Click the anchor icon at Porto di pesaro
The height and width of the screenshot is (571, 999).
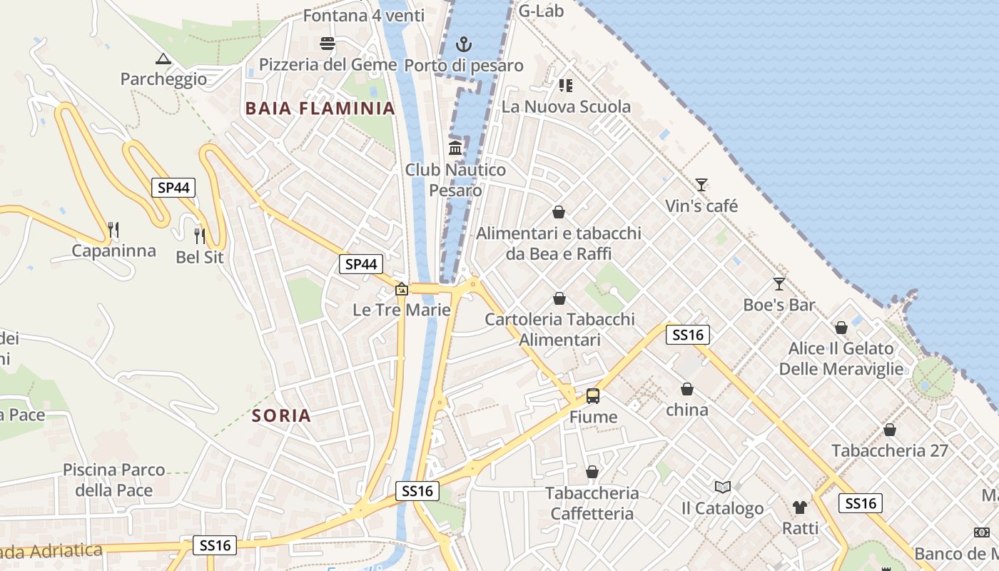464,45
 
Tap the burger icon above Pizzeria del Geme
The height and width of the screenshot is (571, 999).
328,44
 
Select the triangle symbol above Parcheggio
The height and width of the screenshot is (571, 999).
163,59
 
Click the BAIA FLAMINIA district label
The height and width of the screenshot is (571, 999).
320,108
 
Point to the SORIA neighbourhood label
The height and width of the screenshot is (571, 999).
282,415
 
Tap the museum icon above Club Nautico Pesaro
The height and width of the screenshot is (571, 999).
455,148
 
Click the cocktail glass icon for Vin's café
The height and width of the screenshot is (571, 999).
701,185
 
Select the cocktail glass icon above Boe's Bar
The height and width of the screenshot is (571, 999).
779,283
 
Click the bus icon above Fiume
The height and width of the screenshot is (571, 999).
592,395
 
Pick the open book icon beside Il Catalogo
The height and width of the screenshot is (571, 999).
722,487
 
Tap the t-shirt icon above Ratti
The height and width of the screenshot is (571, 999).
800,507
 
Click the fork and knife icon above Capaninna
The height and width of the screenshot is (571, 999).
113,229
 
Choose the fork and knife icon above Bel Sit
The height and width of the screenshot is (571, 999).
200,235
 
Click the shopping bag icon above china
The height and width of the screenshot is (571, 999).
686,389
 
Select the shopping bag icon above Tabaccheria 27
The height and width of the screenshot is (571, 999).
889,430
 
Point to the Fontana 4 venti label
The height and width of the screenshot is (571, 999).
363,15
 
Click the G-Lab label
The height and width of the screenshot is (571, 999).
541,10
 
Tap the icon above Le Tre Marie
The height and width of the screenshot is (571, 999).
402,289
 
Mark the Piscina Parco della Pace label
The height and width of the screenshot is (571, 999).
114,480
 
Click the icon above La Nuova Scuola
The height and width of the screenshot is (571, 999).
566,86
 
